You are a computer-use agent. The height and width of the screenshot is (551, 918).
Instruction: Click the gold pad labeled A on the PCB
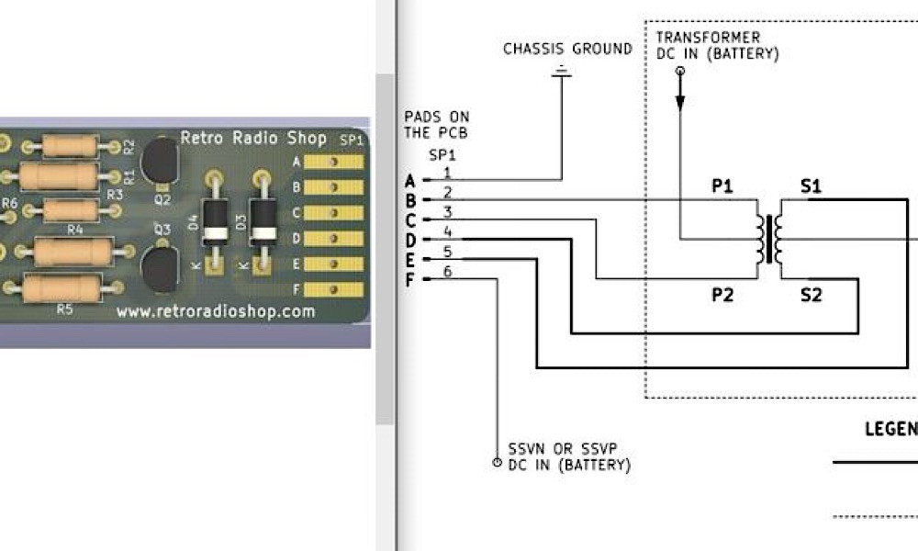click(334, 162)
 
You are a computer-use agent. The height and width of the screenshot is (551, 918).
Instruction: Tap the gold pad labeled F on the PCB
click(334, 290)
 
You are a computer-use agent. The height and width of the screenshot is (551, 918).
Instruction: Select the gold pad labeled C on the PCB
click(334, 212)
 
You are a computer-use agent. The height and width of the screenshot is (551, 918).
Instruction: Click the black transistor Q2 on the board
click(159, 161)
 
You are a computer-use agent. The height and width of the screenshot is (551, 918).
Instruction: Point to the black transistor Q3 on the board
click(160, 269)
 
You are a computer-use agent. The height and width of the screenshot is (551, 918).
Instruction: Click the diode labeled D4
click(215, 223)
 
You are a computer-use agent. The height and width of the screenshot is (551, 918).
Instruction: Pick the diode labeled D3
click(263, 223)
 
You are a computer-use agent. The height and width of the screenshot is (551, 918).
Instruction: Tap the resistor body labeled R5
click(62, 287)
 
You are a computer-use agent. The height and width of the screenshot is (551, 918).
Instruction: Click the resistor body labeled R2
click(69, 146)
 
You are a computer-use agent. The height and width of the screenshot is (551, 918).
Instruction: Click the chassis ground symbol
click(562, 72)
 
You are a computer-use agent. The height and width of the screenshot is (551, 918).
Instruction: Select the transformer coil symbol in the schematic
click(769, 239)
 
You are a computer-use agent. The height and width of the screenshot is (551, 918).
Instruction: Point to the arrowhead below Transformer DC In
click(679, 103)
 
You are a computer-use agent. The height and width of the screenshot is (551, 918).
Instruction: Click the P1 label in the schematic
click(722, 186)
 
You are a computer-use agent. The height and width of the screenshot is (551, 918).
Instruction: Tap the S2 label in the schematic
click(811, 295)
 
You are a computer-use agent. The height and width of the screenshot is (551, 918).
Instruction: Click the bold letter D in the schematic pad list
click(410, 240)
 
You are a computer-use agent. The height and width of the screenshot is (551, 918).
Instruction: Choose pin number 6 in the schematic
click(448, 271)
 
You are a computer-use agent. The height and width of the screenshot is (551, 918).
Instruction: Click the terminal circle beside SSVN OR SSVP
click(497, 463)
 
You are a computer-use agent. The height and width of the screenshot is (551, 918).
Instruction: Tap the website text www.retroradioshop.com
click(216, 311)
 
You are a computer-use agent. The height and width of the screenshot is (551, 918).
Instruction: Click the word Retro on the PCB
click(202, 138)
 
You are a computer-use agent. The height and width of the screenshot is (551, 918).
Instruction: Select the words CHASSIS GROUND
click(568, 49)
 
